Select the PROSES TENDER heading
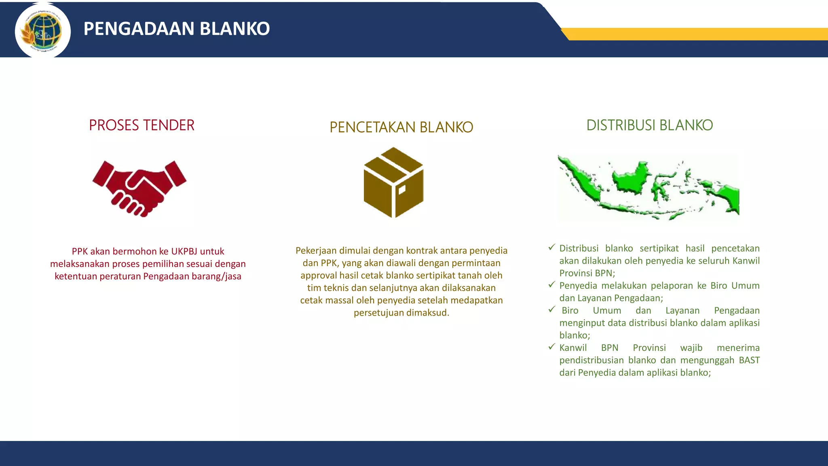(x=142, y=125)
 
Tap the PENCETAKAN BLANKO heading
(x=401, y=127)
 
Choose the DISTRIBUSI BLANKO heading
(x=649, y=125)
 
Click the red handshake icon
(x=139, y=188)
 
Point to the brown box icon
(x=393, y=182)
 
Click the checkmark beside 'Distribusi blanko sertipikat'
(x=552, y=247)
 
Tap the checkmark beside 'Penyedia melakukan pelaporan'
(x=552, y=284)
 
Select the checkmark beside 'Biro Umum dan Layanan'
(x=552, y=309)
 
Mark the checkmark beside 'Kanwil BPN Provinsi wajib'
(x=552, y=347)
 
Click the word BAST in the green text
(x=749, y=360)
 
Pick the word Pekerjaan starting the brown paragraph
(x=316, y=251)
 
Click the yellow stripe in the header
(x=695, y=34)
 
